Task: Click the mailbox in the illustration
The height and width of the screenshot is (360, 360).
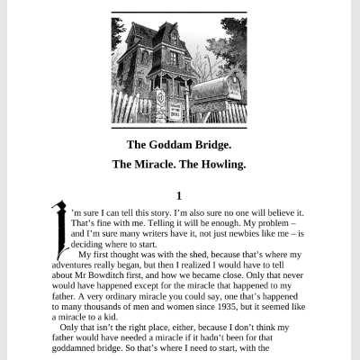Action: click(x=217, y=91)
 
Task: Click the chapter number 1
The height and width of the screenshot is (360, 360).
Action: click(x=180, y=195)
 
